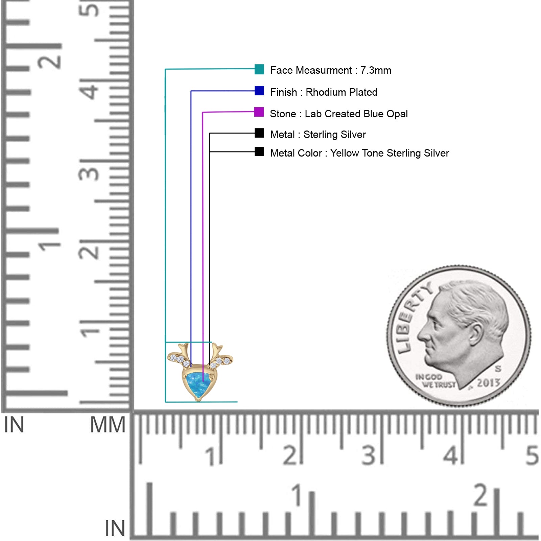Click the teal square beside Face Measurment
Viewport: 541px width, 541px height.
tap(259, 69)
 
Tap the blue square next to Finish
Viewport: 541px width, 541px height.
tap(259, 91)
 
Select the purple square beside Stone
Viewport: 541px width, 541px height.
tap(259, 112)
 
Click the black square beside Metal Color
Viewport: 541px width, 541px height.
tap(259, 151)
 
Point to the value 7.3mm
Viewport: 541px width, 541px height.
tap(376, 70)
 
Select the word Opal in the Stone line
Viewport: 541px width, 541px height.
tap(397, 114)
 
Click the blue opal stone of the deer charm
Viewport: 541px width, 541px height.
tap(199, 385)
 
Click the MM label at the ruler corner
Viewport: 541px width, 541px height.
tap(108, 425)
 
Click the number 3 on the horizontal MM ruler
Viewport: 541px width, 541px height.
tap(369, 455)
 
